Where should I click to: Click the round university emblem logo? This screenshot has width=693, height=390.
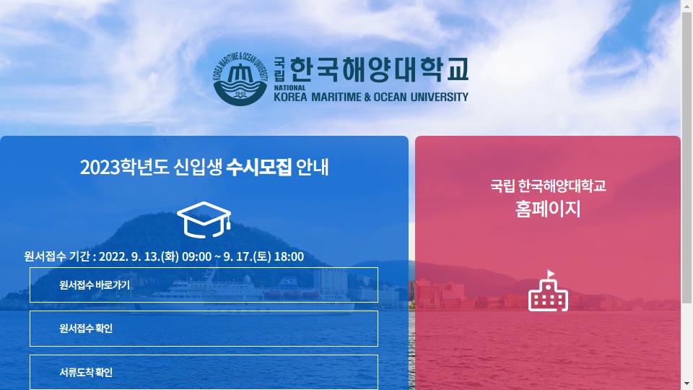[240, 79]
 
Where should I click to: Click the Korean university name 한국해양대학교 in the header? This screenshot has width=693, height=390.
[379, 69]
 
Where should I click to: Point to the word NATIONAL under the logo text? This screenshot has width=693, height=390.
[289, 87]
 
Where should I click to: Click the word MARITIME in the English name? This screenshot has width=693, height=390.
[336, 97]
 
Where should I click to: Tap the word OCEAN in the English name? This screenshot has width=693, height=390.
[390, 97]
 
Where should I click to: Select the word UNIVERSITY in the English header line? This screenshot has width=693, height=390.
[440, 97]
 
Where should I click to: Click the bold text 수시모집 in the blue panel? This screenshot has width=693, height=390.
[258, 167]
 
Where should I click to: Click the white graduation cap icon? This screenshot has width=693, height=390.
[204, 220]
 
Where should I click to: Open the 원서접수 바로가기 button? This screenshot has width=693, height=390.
[204, 285]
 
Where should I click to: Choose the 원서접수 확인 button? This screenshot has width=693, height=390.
[204, 329]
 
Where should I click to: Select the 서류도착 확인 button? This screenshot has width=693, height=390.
[204, 372]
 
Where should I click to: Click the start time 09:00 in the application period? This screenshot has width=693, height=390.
[196, 256]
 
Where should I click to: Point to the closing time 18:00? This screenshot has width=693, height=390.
[289, 256]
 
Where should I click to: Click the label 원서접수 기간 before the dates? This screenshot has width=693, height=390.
[57, 256]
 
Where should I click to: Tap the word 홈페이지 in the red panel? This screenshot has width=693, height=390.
[548, 209]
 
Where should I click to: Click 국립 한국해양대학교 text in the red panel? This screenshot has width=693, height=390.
[548, 186]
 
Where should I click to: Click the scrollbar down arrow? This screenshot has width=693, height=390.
[687, 383]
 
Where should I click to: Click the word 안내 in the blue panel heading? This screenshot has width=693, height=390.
[312, 167]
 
